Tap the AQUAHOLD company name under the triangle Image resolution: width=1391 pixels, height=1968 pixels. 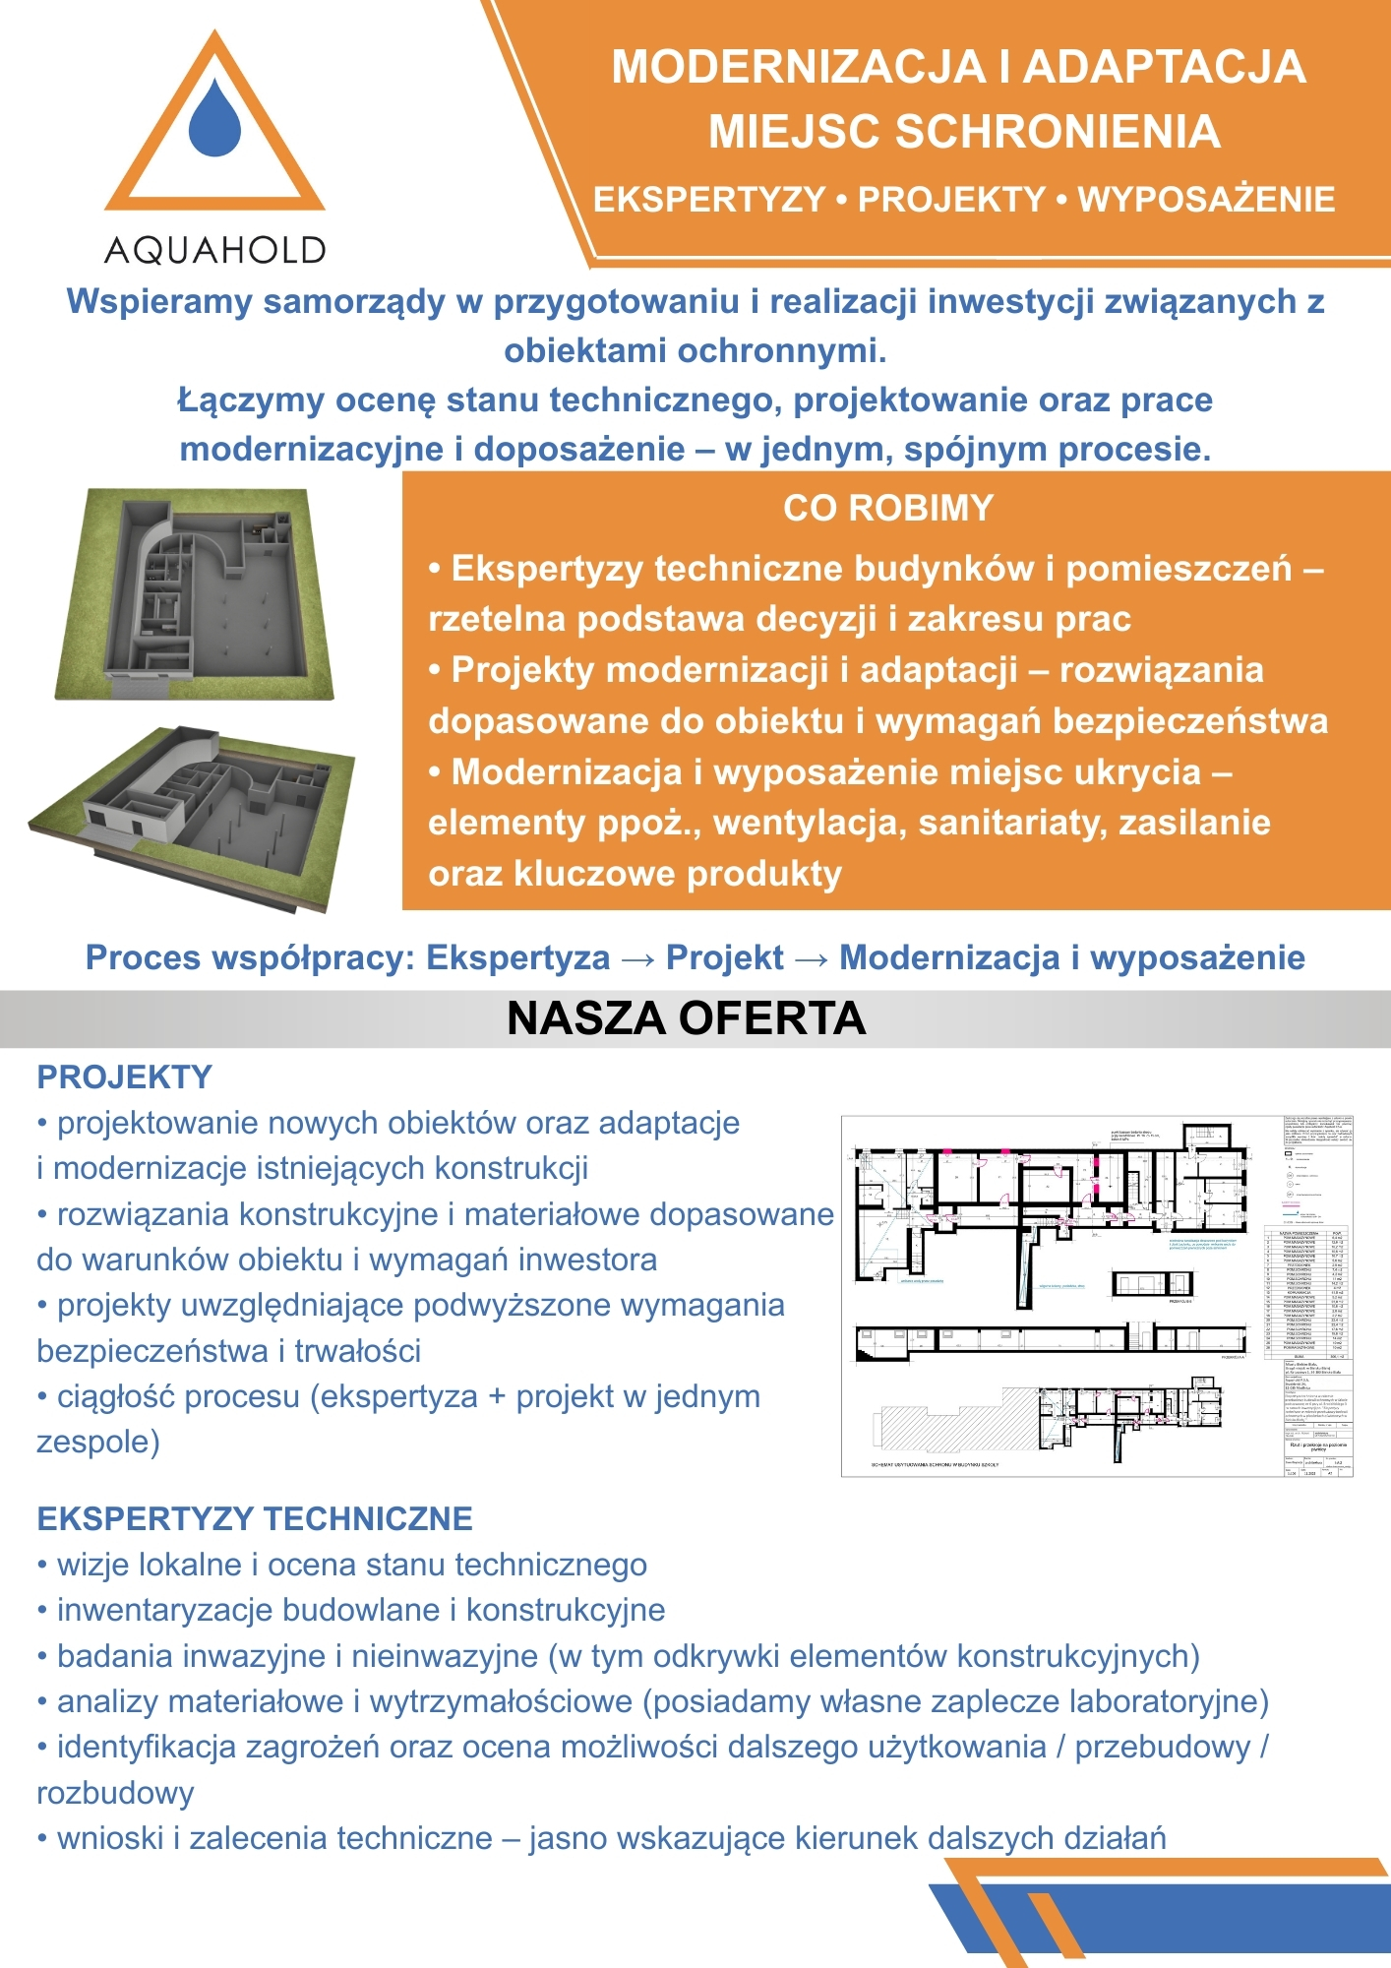[214, 251]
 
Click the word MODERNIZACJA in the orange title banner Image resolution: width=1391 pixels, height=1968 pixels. [798, 67]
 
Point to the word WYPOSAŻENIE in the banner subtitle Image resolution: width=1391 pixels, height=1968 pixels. [1206, 200]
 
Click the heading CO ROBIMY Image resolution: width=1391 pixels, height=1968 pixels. [888, 508]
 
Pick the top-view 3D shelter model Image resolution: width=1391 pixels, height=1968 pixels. [195, 593]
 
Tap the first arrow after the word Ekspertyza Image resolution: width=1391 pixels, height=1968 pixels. [637, 958]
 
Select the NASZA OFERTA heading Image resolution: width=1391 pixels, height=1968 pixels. [686, 1018]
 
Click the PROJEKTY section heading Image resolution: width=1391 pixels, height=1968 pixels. [124, 1077]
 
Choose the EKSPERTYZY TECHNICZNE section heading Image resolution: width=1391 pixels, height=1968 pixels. [255, 1518]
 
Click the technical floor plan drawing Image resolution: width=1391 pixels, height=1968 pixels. [1096, 1295]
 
